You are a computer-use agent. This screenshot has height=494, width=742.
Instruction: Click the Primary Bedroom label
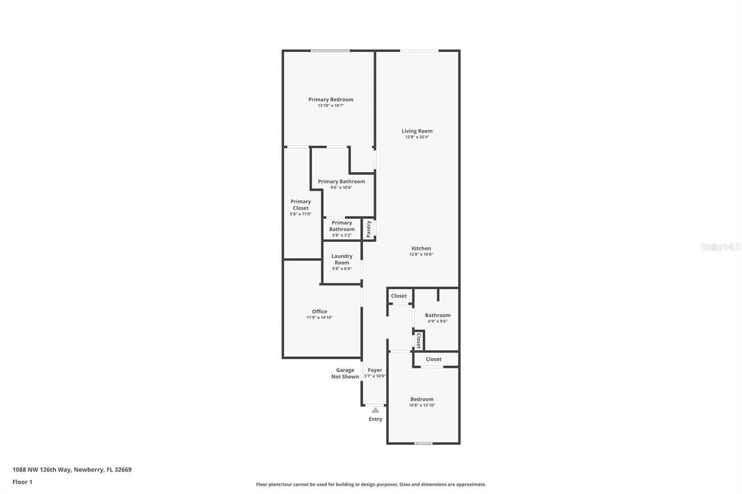point(331,99)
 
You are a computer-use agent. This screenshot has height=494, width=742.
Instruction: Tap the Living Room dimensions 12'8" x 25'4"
point(417,137)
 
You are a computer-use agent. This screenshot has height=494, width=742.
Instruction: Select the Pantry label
point(369,229)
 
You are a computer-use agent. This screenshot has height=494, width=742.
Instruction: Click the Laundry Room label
point(342,259)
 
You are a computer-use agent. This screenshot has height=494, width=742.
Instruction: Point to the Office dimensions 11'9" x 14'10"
point(320,318)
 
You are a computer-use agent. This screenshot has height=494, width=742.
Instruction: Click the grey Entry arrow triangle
point(375,410)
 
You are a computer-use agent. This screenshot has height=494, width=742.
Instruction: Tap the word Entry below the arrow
point(375,419)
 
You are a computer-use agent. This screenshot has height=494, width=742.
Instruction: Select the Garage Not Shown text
point(345,374)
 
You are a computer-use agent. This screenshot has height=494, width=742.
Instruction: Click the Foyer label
point(375,370)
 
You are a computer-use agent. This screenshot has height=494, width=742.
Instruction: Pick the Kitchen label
point(421,248)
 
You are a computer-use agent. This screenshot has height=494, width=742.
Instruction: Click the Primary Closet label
point(301,204)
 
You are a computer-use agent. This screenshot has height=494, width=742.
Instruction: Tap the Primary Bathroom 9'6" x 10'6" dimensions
point(341,188)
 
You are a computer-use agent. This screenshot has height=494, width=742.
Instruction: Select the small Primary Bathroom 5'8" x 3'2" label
point(342,229)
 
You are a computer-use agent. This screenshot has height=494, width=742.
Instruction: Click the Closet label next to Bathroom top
point(399,296)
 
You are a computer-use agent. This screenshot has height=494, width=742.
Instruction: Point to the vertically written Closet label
point(418,341)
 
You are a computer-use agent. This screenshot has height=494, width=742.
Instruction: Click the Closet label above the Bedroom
point(434,359)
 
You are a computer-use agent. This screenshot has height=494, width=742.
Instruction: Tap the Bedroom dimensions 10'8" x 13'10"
point(422,405)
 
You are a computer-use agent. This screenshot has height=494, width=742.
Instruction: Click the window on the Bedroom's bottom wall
point(423,443)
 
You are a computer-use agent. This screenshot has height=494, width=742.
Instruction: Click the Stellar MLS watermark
point(720,247)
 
